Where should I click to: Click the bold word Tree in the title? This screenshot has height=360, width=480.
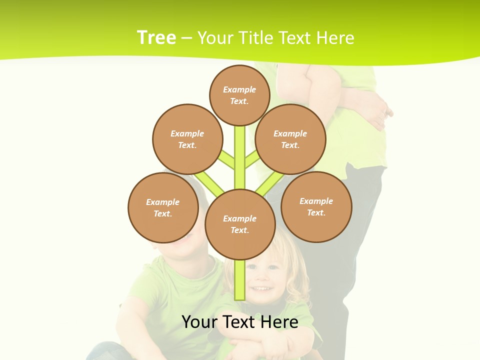[156, 37]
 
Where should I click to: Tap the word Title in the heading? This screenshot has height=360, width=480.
[255, 38]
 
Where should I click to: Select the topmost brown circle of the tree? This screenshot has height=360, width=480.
[239, 95]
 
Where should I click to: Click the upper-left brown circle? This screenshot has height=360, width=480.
[187, 139]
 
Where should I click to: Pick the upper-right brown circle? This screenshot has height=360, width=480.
[290, 139]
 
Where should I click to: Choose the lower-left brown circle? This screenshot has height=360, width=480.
[163, 207]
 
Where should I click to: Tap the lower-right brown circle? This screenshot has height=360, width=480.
[316, 206]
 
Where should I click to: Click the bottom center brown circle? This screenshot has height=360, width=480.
[240, 224]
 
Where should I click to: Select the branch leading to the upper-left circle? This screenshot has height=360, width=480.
[226, 159]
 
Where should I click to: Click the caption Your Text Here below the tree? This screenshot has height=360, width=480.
[240, 322]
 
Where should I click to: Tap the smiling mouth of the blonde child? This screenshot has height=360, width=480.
[259, 288]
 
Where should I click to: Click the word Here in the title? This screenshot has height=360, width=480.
[335, 38]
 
